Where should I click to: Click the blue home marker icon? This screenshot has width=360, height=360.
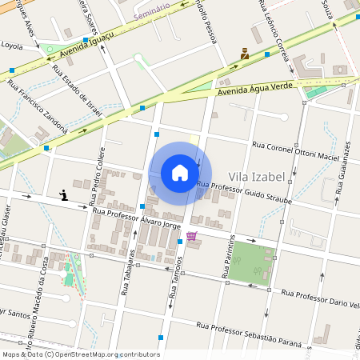(180, 173)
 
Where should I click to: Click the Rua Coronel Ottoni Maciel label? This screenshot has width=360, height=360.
(295, 151)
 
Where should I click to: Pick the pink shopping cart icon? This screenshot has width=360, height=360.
(191, 236)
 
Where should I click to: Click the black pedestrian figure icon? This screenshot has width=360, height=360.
(63, 194)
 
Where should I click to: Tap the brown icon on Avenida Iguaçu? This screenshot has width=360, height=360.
(245, 54)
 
